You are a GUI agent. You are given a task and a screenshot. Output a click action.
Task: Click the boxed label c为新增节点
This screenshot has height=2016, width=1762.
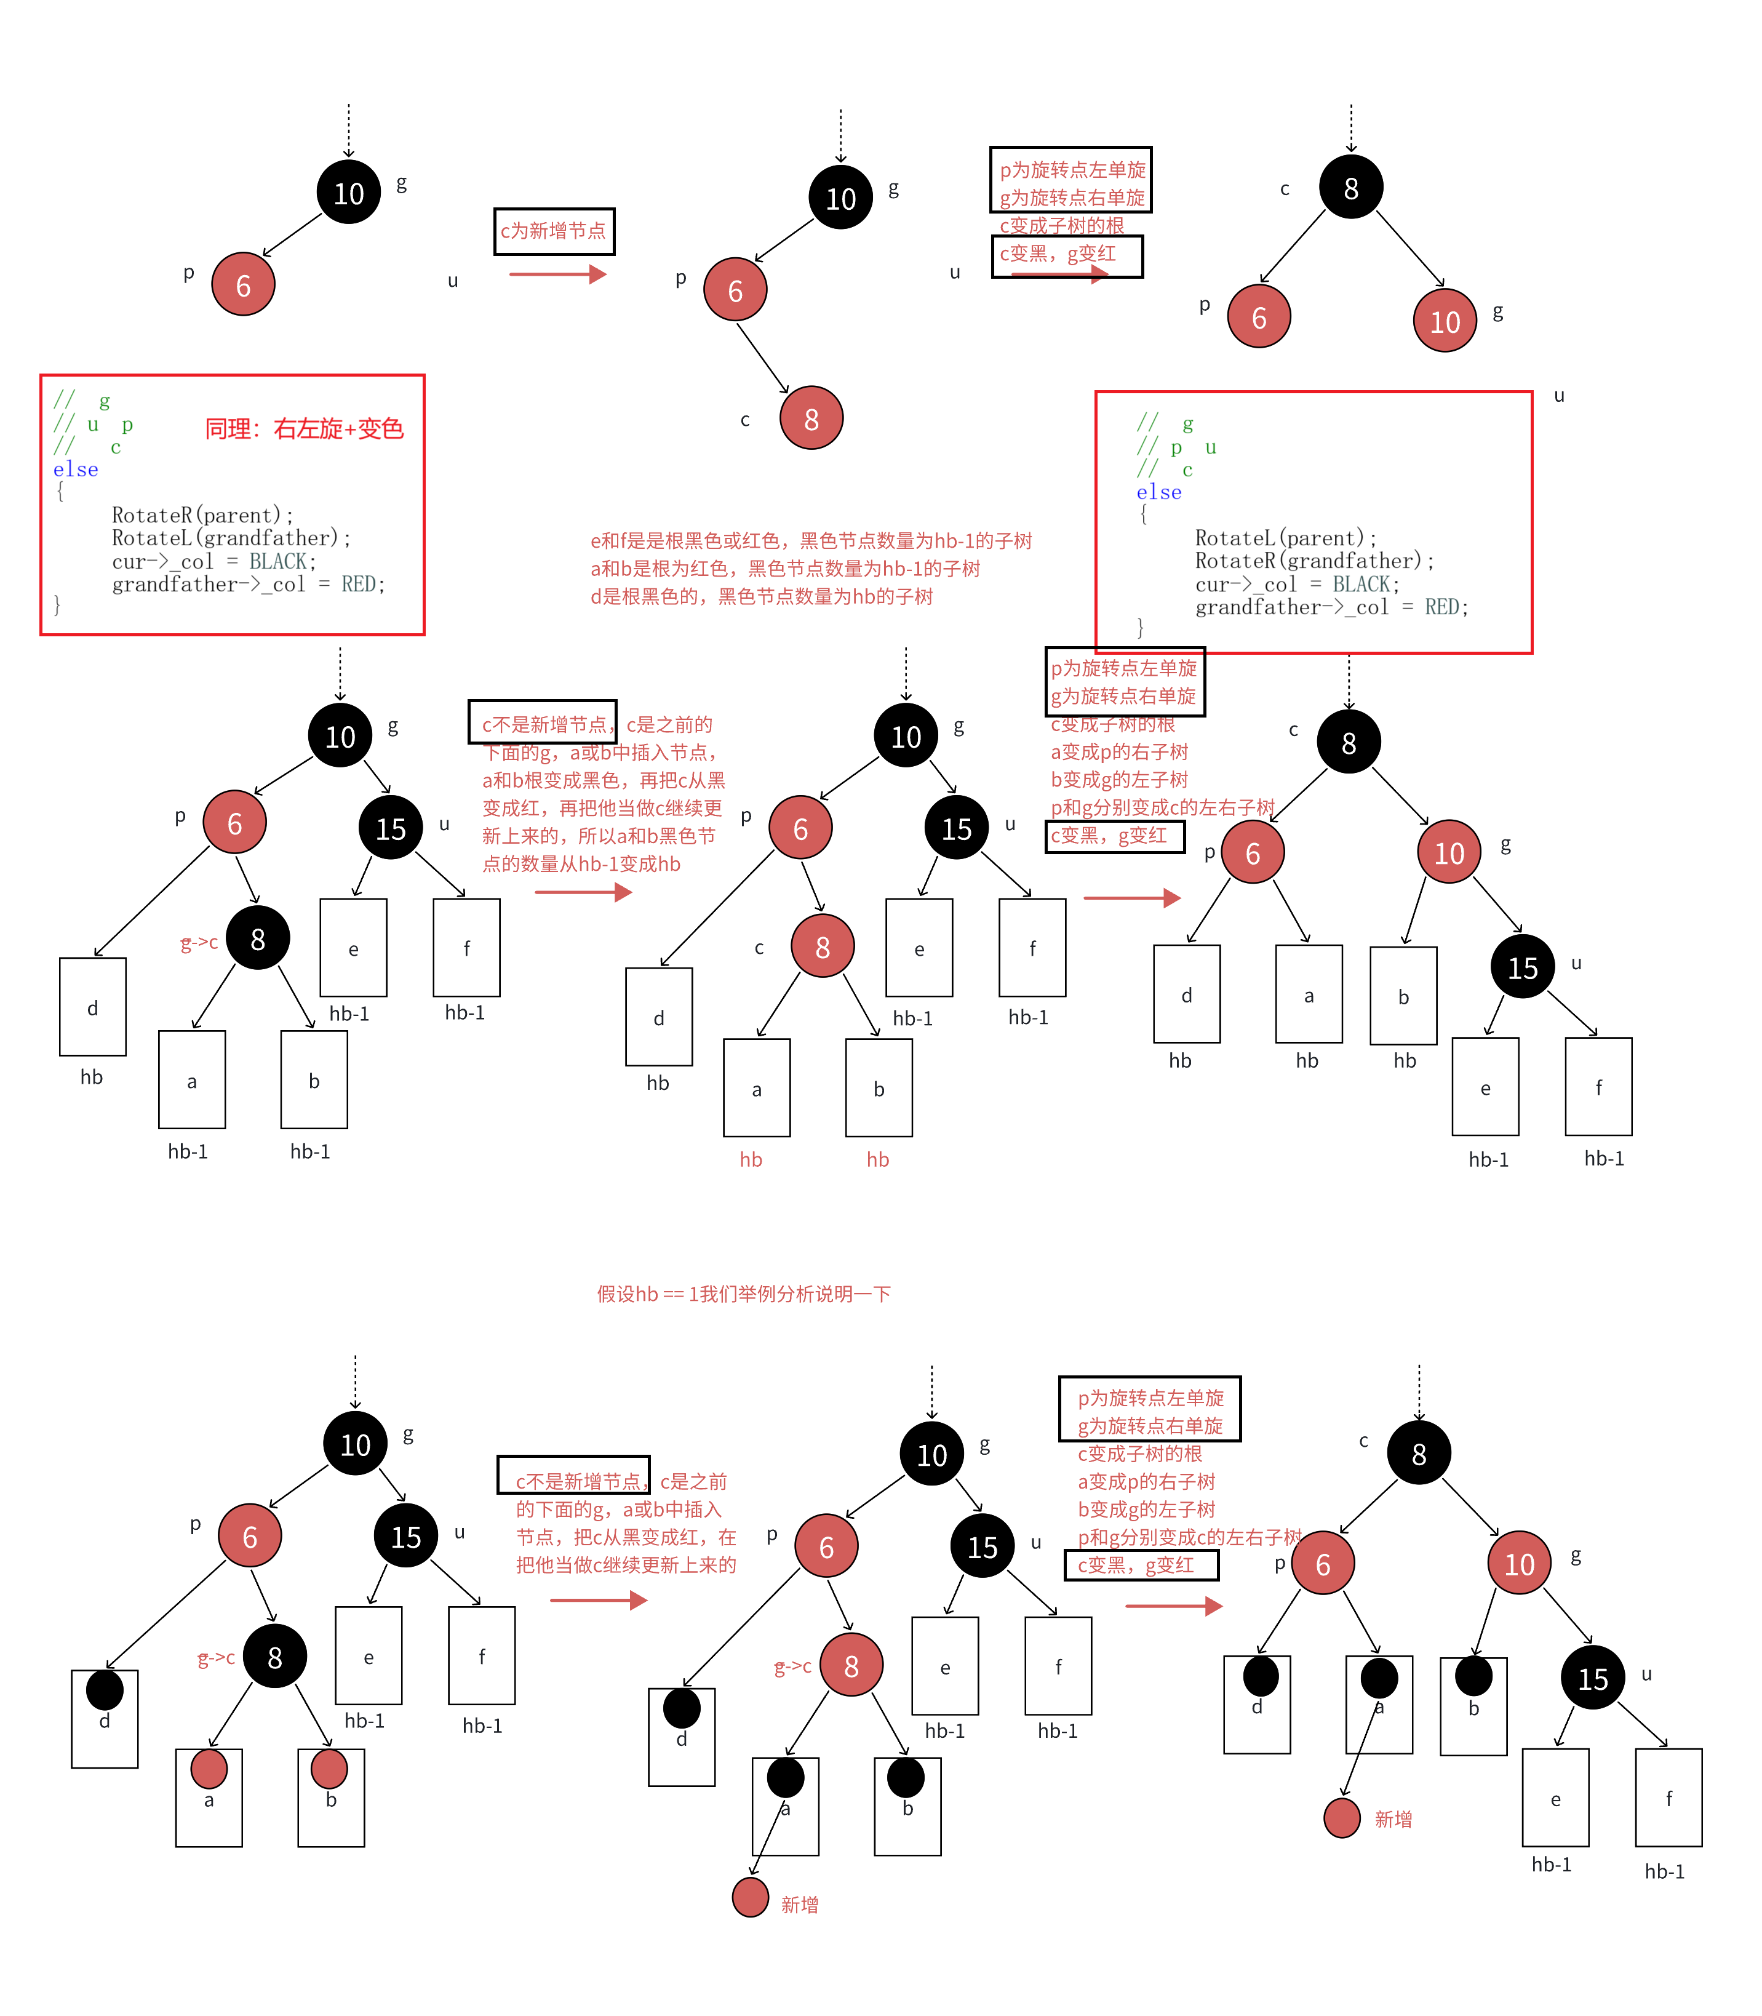coord(554,231)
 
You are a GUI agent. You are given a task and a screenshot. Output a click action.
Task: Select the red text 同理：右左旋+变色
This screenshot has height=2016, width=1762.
coord(304,429)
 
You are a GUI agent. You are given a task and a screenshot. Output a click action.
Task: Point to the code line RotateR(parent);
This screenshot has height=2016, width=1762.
coord(202,515)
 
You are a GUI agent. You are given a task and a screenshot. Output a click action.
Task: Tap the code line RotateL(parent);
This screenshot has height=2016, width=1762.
coord(1285,538)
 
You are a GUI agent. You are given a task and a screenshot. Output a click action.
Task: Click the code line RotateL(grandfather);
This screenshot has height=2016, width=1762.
coord(231,538)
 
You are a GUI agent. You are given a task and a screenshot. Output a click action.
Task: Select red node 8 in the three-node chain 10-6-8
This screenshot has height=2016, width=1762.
coord(811,419)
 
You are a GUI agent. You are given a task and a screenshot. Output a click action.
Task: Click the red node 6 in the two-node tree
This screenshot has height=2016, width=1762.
coord(243,285)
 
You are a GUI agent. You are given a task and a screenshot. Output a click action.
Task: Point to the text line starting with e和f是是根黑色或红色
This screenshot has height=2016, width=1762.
coord(810,541)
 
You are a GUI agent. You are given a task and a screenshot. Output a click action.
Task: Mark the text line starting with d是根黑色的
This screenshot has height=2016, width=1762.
coord(761,596)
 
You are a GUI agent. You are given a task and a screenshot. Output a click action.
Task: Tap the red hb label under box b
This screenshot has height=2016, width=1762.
coord(878,1159)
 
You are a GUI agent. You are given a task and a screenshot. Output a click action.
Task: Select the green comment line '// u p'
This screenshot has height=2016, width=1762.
coord(94,425)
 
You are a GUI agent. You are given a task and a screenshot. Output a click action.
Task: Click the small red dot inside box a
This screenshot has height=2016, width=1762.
coord(209,1768)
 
